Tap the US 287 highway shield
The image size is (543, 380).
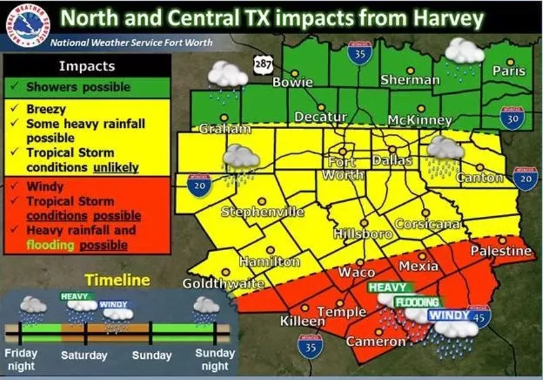pyautogui.click(x=263, y=63)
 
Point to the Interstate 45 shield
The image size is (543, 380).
pyautogui.click(x=480, y=316)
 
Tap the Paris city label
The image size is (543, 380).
pyautogui.click(x=508, y=71)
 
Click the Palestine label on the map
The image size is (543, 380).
pyautogui.click(x=501, y=252)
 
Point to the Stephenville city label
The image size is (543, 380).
pyautogui.click(x=263, y=212)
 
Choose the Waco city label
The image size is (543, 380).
pyautogui.click(x=356, y=272)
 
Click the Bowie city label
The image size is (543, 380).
pyautogui.click(x=293, y=82)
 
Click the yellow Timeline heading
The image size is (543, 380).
pyautogui.click(x=117, y=280)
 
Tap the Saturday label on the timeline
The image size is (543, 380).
pyautogui.click(x=84, y=356)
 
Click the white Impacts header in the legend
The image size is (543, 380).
pyautogui.click(x=87, y=66)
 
